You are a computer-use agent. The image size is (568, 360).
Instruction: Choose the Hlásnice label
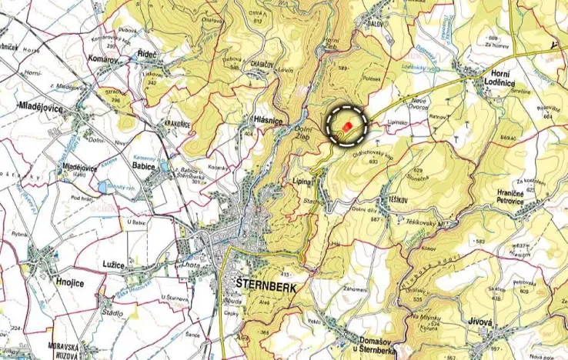tap(268, 120)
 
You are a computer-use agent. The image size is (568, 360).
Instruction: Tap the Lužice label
tap(114, 264)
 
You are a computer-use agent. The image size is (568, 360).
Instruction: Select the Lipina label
tap(303, 182)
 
